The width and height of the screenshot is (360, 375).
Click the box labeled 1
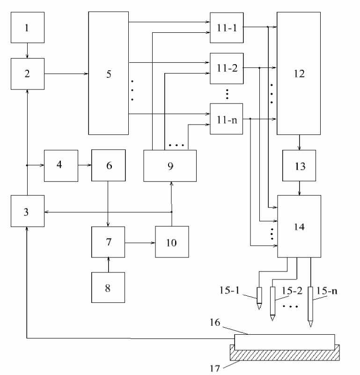(27, 28)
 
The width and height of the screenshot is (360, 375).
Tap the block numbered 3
(27, 212)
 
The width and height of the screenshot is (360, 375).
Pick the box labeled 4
(61, 165)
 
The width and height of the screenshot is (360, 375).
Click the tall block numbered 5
(109, 74)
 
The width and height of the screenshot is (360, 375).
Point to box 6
(108, 165)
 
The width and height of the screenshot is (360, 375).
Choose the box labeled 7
(108, 242)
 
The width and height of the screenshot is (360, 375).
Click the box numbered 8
(108, 287)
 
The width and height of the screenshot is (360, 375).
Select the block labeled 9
(170, 166)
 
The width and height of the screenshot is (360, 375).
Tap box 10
(172, 242)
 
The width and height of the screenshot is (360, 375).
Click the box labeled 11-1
(227, 27)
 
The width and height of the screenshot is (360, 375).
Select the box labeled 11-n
(227, 119)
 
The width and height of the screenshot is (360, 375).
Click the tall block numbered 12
(299, 74)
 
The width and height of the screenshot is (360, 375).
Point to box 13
(299, 166)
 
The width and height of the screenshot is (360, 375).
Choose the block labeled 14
(299, 227)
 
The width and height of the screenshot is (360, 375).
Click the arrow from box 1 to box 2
(27, 51)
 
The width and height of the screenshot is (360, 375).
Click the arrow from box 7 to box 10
(140, 243)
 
